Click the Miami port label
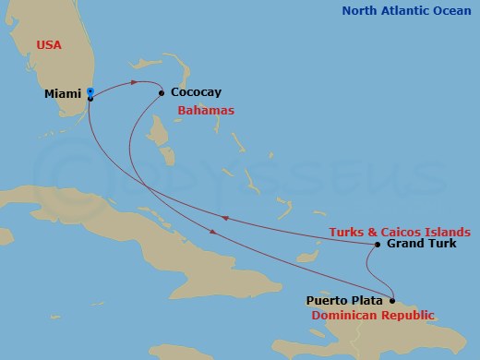pyautogui.click(x=63, y=94)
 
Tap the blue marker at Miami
pyautogui.click(x=90, y=91)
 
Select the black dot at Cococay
pyautogui.click(x=162, y=92)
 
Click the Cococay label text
pyautogui.click(x=196, y=93)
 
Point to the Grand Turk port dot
pyautogui.click(x=378, y=245)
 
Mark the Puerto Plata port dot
pyautogui.click(x=392, y=300)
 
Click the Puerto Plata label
pyautogui.click(x=344, y=300)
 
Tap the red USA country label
pyautogui.click(x=49, y=44)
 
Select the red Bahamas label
pyautogui.click(x=206, y=111)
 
